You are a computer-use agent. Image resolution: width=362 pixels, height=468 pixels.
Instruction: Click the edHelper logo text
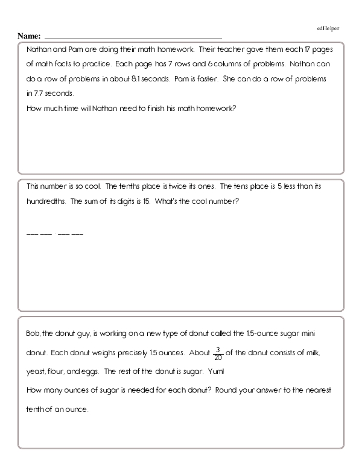(x=328, y=28)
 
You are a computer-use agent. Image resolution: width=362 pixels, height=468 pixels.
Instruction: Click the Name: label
(x=30, y=36)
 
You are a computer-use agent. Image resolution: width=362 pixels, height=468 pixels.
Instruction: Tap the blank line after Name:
(x=133, y=38)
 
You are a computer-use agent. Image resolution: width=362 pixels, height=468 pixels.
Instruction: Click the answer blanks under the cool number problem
(x=55, y=233)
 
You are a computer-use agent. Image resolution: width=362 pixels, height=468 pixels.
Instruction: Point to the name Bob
(x=33, y=332)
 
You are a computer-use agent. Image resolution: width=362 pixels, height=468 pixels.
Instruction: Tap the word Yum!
(x=220, y=371)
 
